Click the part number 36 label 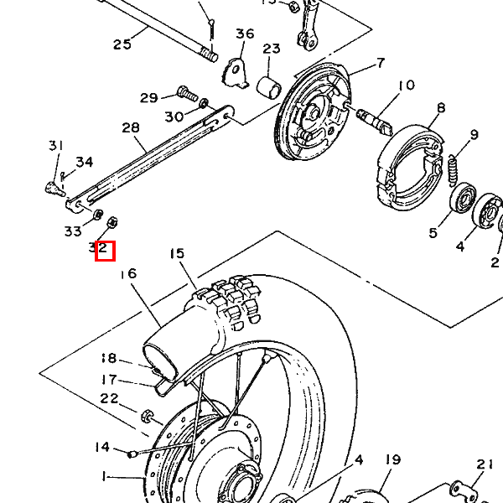point(245,34)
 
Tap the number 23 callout point(272,49)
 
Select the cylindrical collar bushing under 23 point(269,86)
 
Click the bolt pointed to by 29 point(187,93)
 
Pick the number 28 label point(131,127)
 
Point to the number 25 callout point(122,44)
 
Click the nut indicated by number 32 point(112,222)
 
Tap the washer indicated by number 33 point(98,215)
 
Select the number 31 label point(56,146)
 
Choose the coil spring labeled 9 point(453,170)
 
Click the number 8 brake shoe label point(441,108)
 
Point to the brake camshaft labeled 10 point(374,120)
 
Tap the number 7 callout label point(380,63)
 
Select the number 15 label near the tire point(178,253)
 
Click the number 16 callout point(128,273)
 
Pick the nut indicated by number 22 point(147,416)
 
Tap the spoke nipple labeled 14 point(132,454)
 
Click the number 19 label point(393,460)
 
